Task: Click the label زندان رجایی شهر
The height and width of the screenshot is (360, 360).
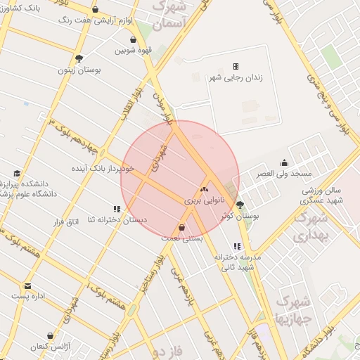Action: coord(236,78)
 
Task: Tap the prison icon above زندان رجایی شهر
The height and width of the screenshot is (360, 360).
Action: coord(236,67)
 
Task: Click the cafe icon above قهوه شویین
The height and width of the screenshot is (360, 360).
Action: coord(123,39)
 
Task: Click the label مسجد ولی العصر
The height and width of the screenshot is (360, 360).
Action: coord(283,173)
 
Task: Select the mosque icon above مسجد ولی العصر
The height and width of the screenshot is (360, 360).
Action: coord(283,162)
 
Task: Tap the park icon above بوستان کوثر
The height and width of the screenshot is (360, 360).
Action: coord(240,205)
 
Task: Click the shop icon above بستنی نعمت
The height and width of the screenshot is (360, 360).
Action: coord(183,228)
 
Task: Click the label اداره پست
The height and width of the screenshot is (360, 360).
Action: coord(28,297)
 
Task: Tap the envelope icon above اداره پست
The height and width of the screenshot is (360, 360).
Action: coord(28,286)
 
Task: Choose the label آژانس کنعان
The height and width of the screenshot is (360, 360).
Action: coord(50,347)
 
